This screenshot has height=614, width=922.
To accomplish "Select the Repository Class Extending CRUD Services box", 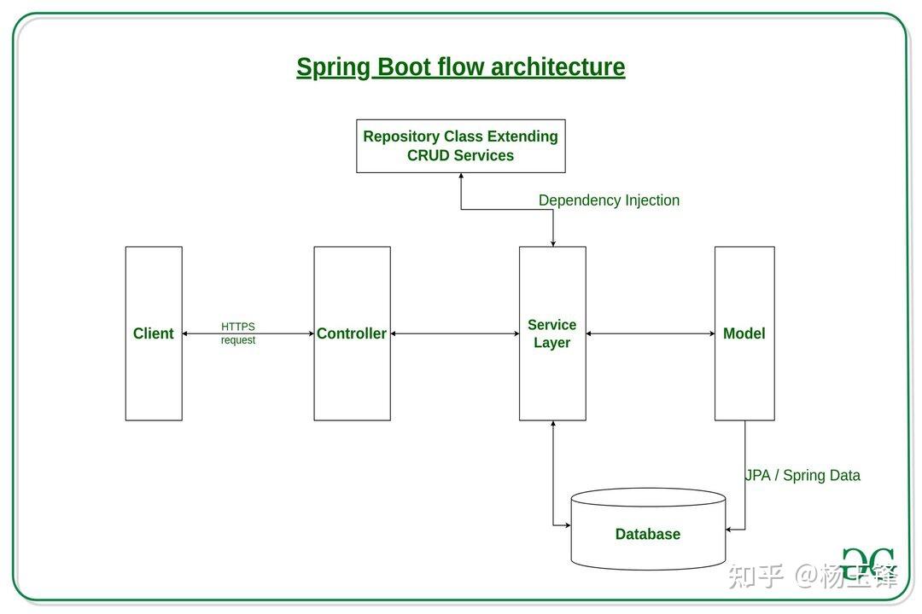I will (460, 146).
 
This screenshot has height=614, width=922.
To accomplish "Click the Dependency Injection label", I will (609, 200).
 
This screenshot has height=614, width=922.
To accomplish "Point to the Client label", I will (154, 333).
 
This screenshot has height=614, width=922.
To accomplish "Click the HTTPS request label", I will (238, 333).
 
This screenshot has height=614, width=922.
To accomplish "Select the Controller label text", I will (352, 333).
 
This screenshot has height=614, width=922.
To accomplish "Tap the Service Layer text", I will (551, 333).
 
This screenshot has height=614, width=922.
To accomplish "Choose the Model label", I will (744, 333).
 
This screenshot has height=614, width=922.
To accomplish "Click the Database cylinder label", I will (647, 535).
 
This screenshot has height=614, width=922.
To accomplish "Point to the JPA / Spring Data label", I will (802, 476).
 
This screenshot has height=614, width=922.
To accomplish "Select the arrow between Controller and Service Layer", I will (454, 333).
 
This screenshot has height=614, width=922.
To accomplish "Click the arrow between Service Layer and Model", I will (650, 333).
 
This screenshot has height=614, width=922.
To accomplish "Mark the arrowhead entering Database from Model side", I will (730, 529).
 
